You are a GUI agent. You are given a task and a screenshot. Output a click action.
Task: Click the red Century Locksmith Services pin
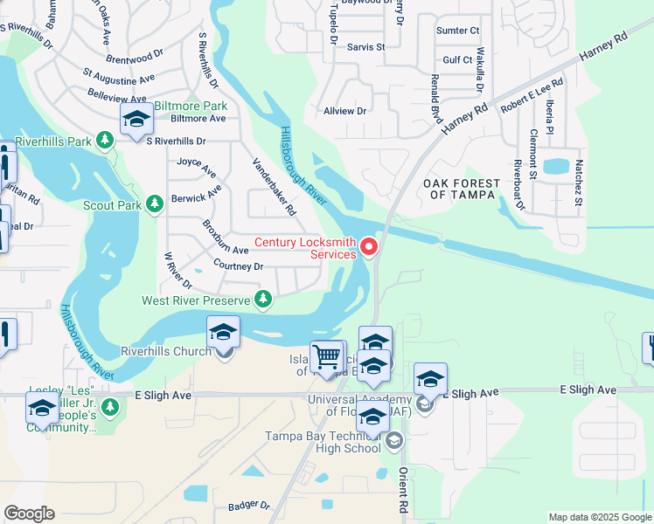[369, 248]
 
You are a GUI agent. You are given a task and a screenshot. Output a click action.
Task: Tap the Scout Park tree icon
[155, 203]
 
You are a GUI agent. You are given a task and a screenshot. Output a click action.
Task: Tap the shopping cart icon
[327, 356]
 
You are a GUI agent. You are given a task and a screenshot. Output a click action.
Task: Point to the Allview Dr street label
[344, 111]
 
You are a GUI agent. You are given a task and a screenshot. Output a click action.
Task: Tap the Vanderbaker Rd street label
[275, 187]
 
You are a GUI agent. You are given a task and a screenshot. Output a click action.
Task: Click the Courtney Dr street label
[238, 265]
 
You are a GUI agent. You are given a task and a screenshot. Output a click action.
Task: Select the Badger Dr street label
[248, 505]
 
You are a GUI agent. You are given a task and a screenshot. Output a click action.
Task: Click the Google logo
[29, 514]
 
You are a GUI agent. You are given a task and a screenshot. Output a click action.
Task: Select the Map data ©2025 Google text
[599, 517]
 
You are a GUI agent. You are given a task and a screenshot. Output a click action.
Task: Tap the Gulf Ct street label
[457, 59]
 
